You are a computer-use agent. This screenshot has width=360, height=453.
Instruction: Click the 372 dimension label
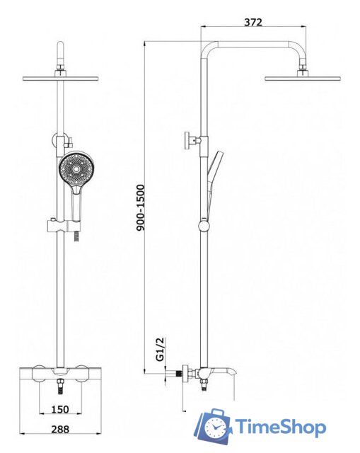coord(253,22)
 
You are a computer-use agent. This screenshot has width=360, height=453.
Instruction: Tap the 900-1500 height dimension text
coord(140,207)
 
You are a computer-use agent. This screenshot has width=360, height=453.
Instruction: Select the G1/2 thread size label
coord(160,349)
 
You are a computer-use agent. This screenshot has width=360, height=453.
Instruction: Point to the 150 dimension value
coord(60,409)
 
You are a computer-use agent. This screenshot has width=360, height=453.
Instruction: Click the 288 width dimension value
coord(60,429)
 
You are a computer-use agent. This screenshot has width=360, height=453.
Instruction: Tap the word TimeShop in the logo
coord(281,427)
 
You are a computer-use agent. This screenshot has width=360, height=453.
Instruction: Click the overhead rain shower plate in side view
coord(302,79)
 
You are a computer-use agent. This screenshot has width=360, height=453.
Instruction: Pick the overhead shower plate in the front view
coord(61,79)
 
